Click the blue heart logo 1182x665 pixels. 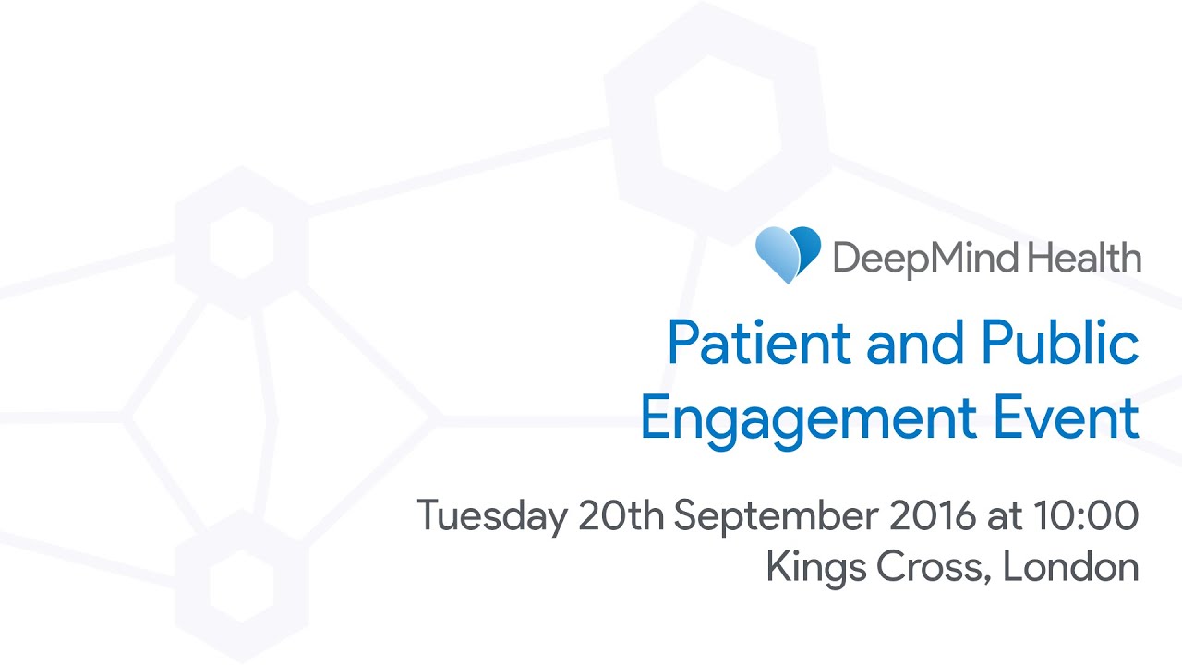(788, 255)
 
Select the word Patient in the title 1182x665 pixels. (759, 343)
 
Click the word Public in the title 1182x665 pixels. (1060, 343)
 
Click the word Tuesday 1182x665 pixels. (492, 517)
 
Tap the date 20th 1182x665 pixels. (621, 514)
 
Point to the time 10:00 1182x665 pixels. (1086, 514)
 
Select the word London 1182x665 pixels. (1070, 566)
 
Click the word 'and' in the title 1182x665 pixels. (915, 343)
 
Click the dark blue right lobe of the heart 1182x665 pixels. (807, 248)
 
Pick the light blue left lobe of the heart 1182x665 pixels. (777, 256)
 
